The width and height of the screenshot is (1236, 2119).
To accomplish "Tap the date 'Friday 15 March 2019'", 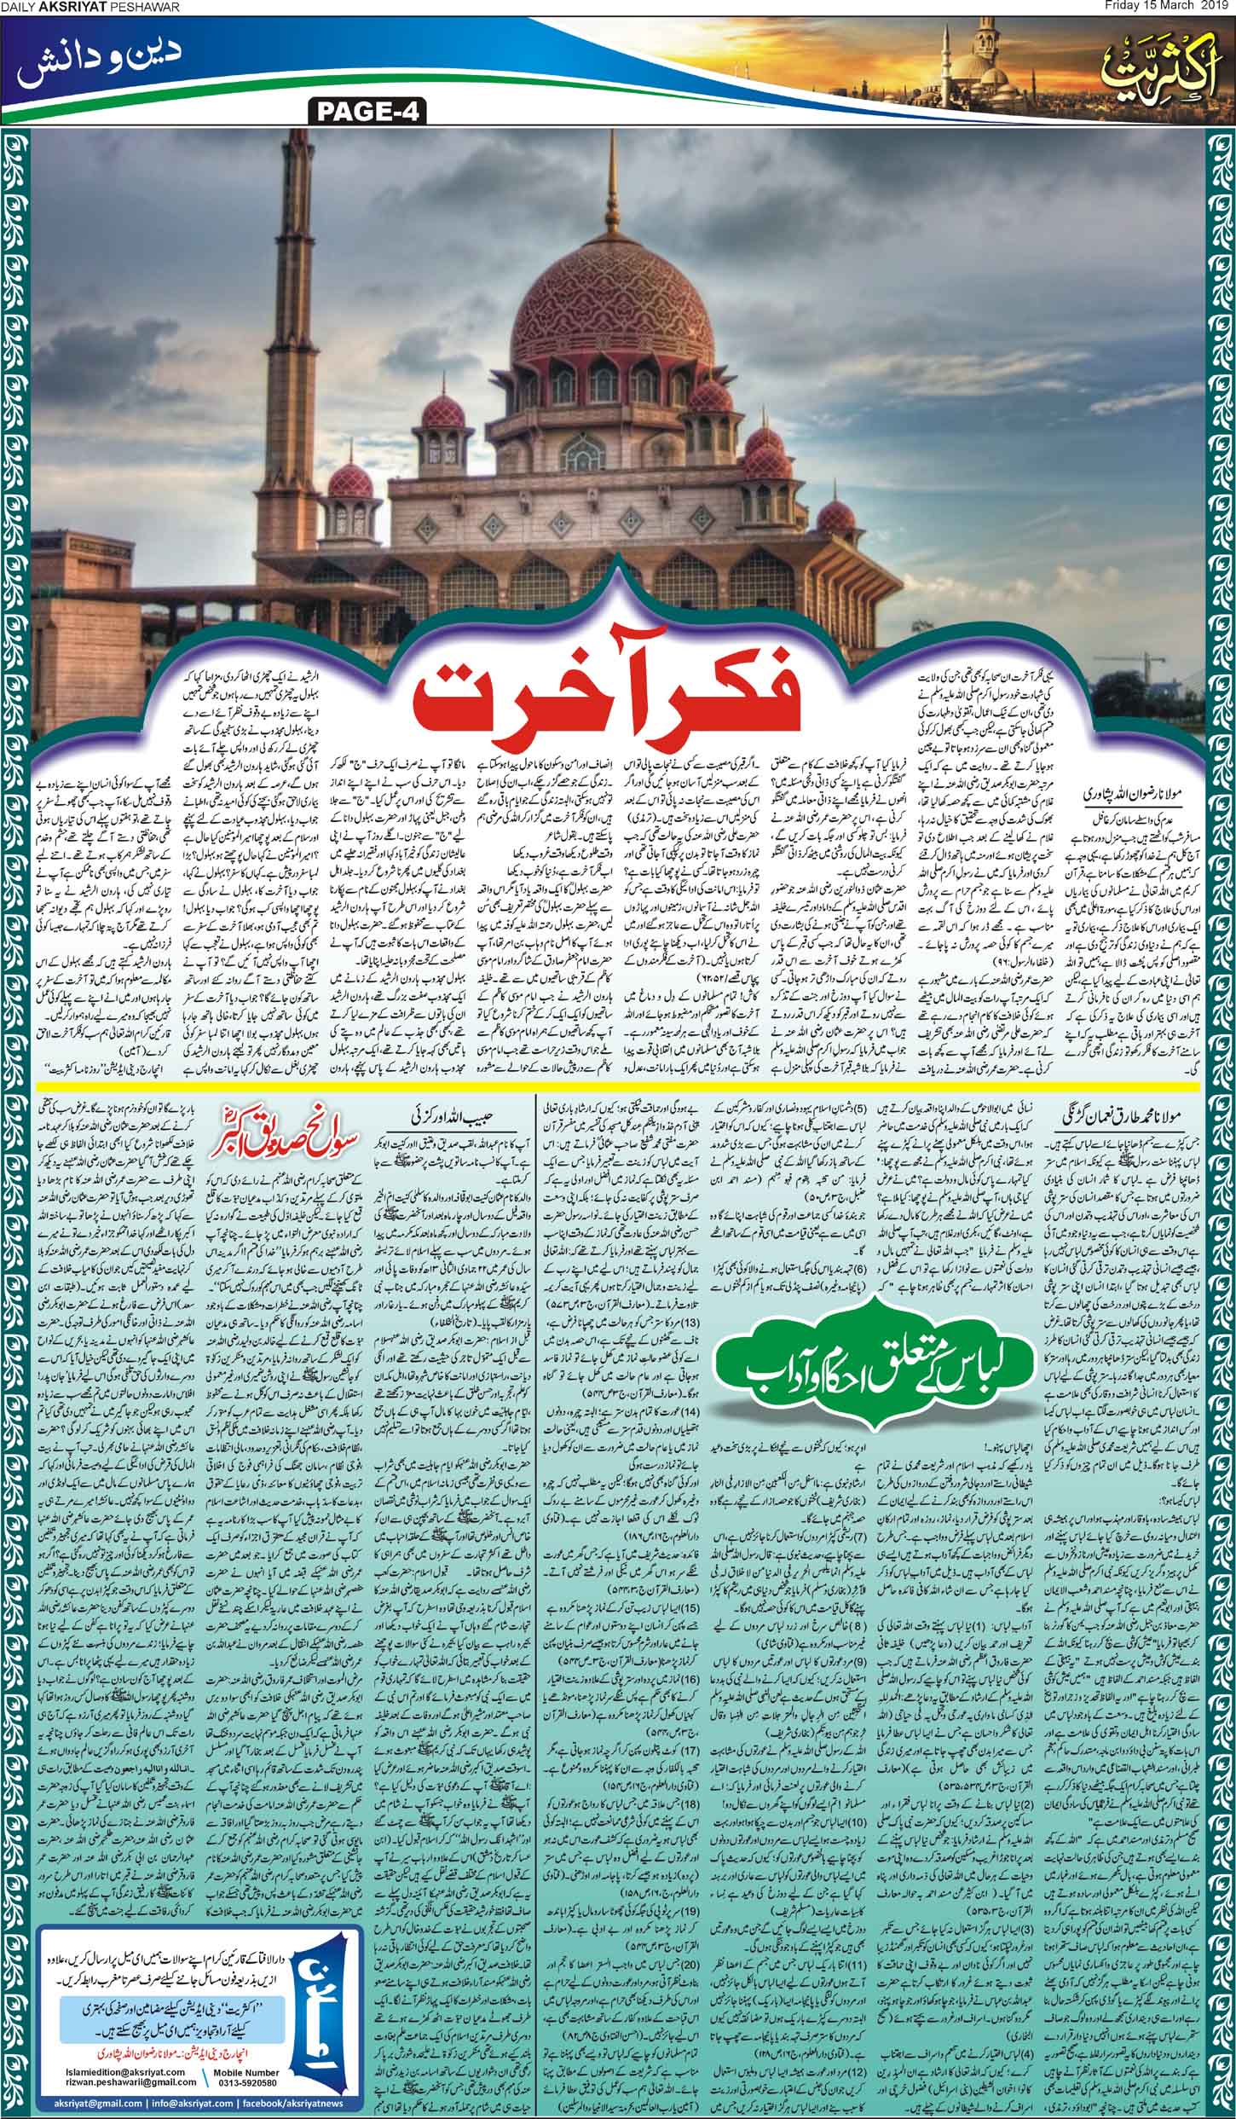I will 1170,8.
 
